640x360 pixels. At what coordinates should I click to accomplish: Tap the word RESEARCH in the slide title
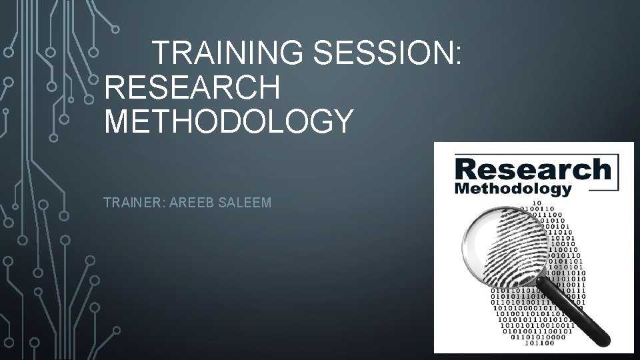coord(193,87)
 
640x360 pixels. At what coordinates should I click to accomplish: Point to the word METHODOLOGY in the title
coord(227,122)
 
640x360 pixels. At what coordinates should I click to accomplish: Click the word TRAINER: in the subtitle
coord(135,202)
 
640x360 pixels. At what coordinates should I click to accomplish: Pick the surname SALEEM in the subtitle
coord(248,202)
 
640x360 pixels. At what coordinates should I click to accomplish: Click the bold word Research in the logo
coord(531,169)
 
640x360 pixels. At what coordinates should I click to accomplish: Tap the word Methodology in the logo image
coord(513,189)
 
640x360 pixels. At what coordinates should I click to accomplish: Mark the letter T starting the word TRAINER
coord(107,202)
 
